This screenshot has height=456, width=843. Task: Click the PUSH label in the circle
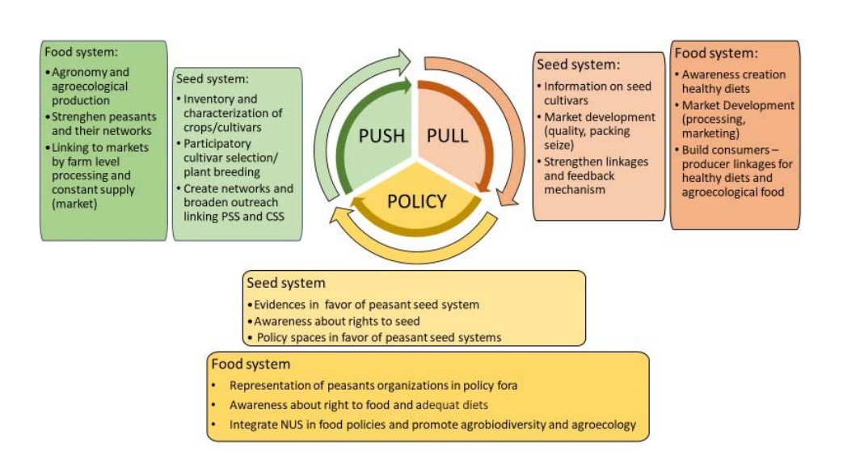tap(381, 134)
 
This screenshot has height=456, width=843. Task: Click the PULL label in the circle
tap(447, 134)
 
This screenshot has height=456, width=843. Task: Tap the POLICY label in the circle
tap(415, 201)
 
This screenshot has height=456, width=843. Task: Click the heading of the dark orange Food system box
tap(716, 53)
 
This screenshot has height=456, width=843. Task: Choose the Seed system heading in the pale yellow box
tap(286, 283)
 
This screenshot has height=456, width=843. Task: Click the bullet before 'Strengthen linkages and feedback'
tap(539, 162)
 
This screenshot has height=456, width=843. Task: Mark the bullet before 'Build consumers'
tap(677, 150)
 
